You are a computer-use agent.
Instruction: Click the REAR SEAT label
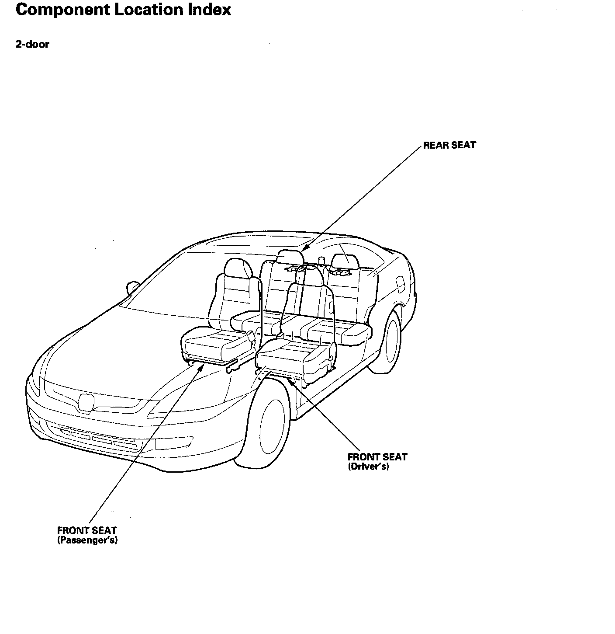pos(449,146)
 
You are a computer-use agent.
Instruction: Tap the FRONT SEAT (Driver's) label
pos(377,462)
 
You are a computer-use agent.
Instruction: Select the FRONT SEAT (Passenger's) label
pos(87,535)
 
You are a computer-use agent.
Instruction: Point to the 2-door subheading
pos(32,44)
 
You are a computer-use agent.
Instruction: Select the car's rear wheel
pos(390,340)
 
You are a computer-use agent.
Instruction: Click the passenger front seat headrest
pos(238,268)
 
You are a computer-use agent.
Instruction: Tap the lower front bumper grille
pos(100,437)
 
